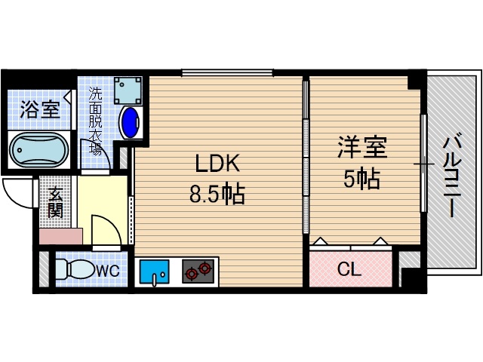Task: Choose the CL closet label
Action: click(x=348, y=268)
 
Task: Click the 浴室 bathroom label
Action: click(x=40, y=110)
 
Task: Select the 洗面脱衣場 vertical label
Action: click(x=96, y=121)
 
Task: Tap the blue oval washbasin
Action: click(x=131, y=122)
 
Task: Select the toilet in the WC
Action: click(x=72, y=269)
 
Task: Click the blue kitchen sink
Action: click(x=158, y=271)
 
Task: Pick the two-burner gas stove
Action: click(x=198, y=271)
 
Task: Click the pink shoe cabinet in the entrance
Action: click(x=57, y=235)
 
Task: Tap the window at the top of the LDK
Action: click(x=227, y=73)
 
